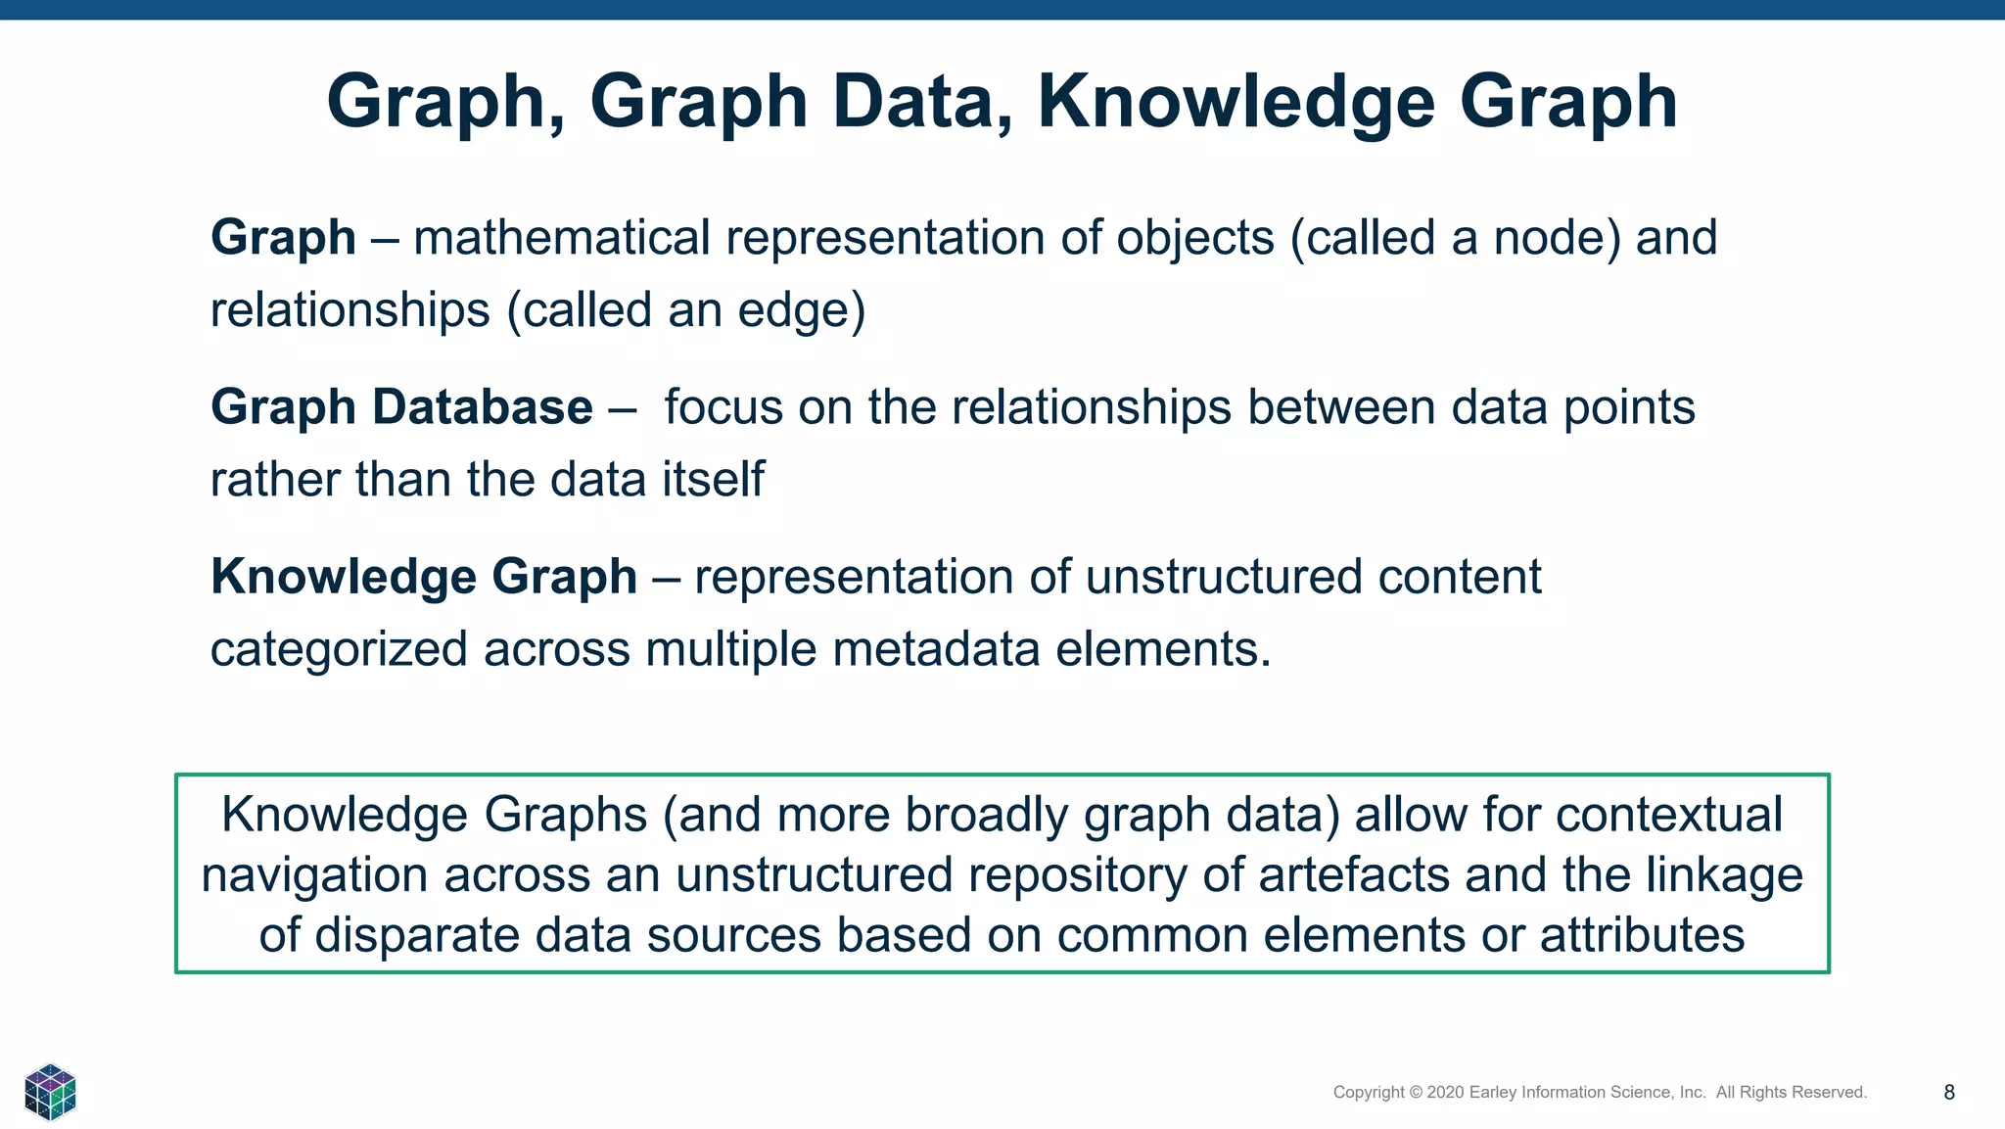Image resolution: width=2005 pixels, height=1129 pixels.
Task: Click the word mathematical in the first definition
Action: click(x=561, y=238)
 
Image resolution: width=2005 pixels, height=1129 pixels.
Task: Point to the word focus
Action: click(x=723, y=407)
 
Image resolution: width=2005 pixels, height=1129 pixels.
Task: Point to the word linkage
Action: click(x=1724, y=875)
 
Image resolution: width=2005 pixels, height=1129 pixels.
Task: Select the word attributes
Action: click(x=1642, y=935)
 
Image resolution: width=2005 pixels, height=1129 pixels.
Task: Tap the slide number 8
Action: click(x=1949, y=1093)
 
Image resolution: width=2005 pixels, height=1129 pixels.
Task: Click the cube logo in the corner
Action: click(x=50, y=1091)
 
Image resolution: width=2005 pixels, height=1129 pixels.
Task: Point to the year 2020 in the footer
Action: click(x=1446, y=1093)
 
